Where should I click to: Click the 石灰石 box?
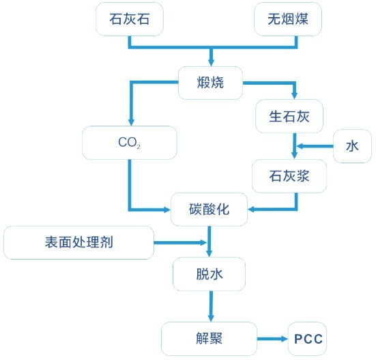click(130, 19)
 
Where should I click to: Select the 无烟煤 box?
click(288, 19)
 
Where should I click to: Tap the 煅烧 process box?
click(210, 83)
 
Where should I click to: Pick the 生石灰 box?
click(289, 116)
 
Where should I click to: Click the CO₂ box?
click(130, 143)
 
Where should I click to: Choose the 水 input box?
click(352, 146)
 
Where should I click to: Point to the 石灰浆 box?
click(289, 176)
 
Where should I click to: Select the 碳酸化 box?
click(209, 209)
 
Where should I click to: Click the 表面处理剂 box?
click(78, 243)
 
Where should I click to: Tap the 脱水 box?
click(209, 274)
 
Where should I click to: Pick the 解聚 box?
click(209, 339)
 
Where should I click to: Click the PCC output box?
click(307, 339)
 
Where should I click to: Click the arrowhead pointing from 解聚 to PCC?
click(284, 339)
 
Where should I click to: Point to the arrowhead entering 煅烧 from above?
click(211, 62)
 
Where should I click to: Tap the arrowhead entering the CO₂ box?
click(131, 122)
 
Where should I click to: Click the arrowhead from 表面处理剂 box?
click(203, 243)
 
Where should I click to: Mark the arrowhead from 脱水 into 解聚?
click(211, 318)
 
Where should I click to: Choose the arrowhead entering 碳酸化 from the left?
click(167, 210)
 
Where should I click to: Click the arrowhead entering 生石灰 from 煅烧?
click(295, 95)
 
